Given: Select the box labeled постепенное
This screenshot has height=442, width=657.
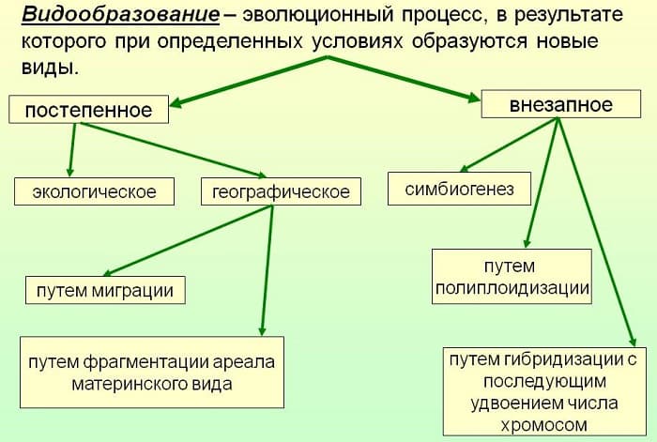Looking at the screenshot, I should (88, 110).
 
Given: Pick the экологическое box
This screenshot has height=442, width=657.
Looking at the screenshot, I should (94, 192).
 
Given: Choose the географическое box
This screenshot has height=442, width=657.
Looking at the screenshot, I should (281, 192).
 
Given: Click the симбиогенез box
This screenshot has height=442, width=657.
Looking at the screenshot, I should (460, 190).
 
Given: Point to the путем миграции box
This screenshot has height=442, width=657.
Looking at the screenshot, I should (104, 290).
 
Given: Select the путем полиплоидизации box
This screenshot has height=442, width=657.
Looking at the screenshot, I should (512, 277).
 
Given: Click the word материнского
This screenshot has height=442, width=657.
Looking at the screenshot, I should (126, 384).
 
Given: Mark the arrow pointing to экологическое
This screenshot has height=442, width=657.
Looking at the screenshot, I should (71, 150).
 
